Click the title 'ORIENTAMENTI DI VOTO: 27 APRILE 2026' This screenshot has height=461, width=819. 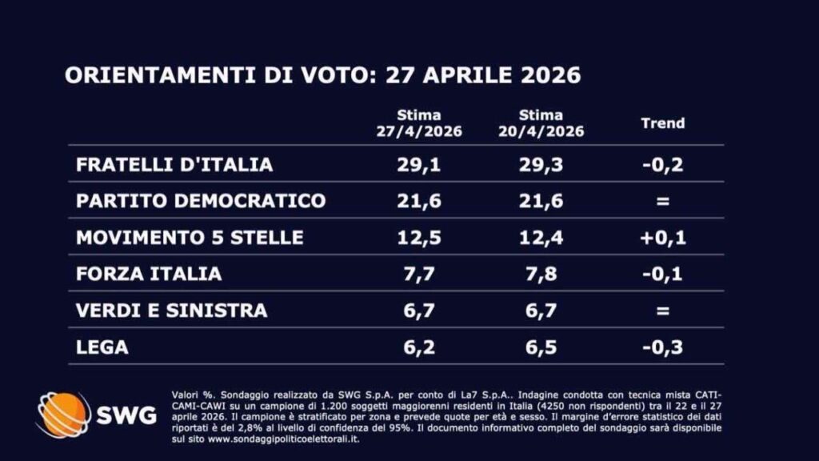322,76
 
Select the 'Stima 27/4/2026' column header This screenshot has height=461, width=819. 420,123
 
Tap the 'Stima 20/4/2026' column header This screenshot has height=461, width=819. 541,123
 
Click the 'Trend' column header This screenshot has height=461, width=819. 663,123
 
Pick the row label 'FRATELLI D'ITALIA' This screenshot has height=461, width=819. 174,164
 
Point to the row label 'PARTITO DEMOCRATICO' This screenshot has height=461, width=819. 201,200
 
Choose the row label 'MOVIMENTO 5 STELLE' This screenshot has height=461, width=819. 190,237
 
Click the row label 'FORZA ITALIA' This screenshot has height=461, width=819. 149,274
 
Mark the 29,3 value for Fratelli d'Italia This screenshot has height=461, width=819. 541,164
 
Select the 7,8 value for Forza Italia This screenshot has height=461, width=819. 541,274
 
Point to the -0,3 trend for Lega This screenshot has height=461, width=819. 663,347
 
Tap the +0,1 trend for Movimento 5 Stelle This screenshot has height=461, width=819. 663,237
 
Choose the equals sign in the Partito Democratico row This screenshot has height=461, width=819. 663,201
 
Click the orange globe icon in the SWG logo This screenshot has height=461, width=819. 63,415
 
